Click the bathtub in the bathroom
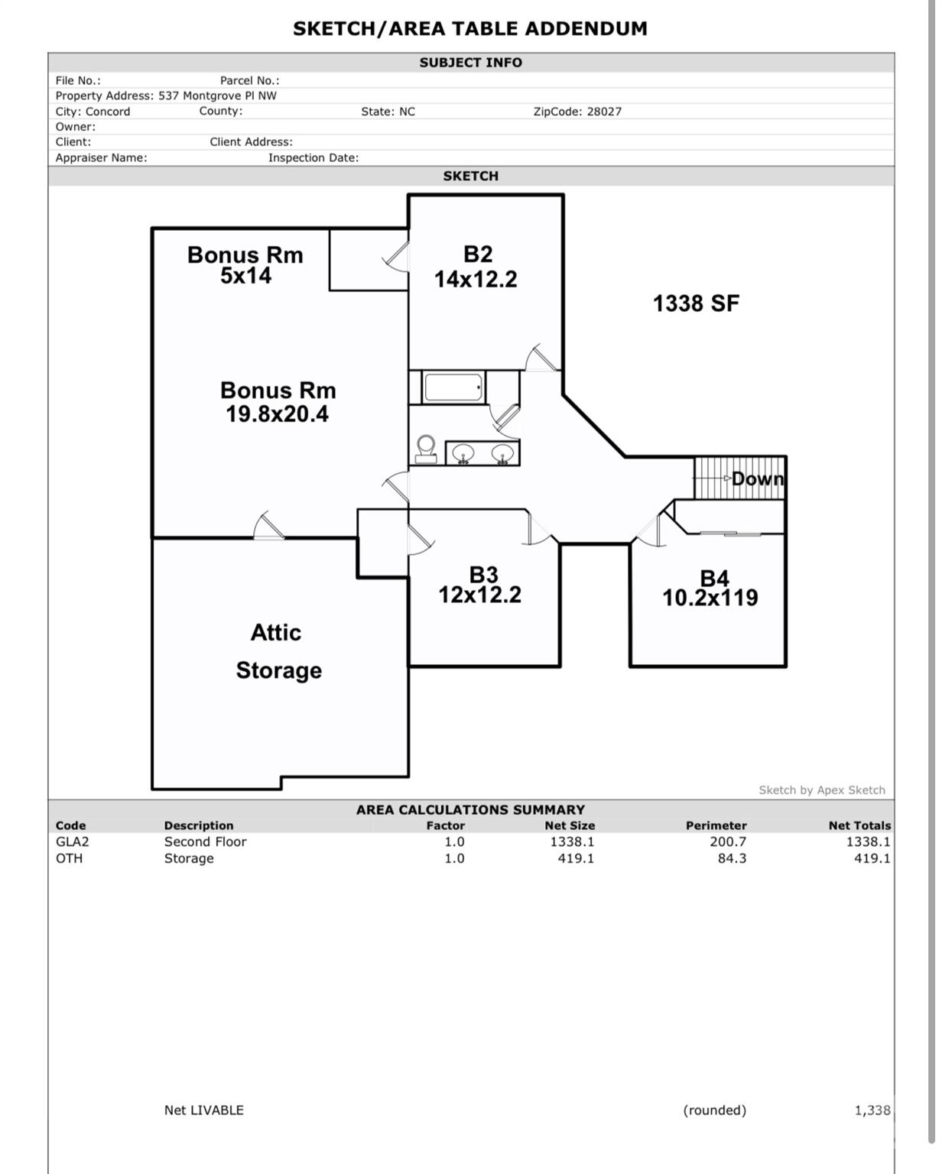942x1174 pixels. (x=453, y=388)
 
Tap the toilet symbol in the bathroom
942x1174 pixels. (x=426, y=449)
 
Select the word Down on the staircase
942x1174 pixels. (x=758, y=479)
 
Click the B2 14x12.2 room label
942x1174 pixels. (x=476, y=267)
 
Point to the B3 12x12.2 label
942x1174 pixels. (x=480, y=585)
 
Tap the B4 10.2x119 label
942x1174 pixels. (x=710, y=588)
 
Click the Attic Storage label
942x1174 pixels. (x=278, y=651)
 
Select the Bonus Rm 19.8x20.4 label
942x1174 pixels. (x=278, y=402)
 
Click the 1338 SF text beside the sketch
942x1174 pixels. (x=696, y=304)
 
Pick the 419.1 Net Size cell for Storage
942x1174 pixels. (x=576, y=858)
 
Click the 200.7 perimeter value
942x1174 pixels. (x=728, y=842)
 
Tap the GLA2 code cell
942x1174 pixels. (x=73, y=842)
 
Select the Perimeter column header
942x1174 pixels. (x=716, y=825)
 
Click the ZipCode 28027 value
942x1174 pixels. (x=604, y=112)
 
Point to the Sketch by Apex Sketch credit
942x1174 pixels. (x=822, y=790)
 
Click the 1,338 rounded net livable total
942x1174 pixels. (x=872, y=1110)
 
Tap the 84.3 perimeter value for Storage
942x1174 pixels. (x=732, y=858)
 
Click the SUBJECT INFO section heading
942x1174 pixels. (x=470, y=63)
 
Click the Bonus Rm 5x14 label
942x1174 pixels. (x=245, y=265)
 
